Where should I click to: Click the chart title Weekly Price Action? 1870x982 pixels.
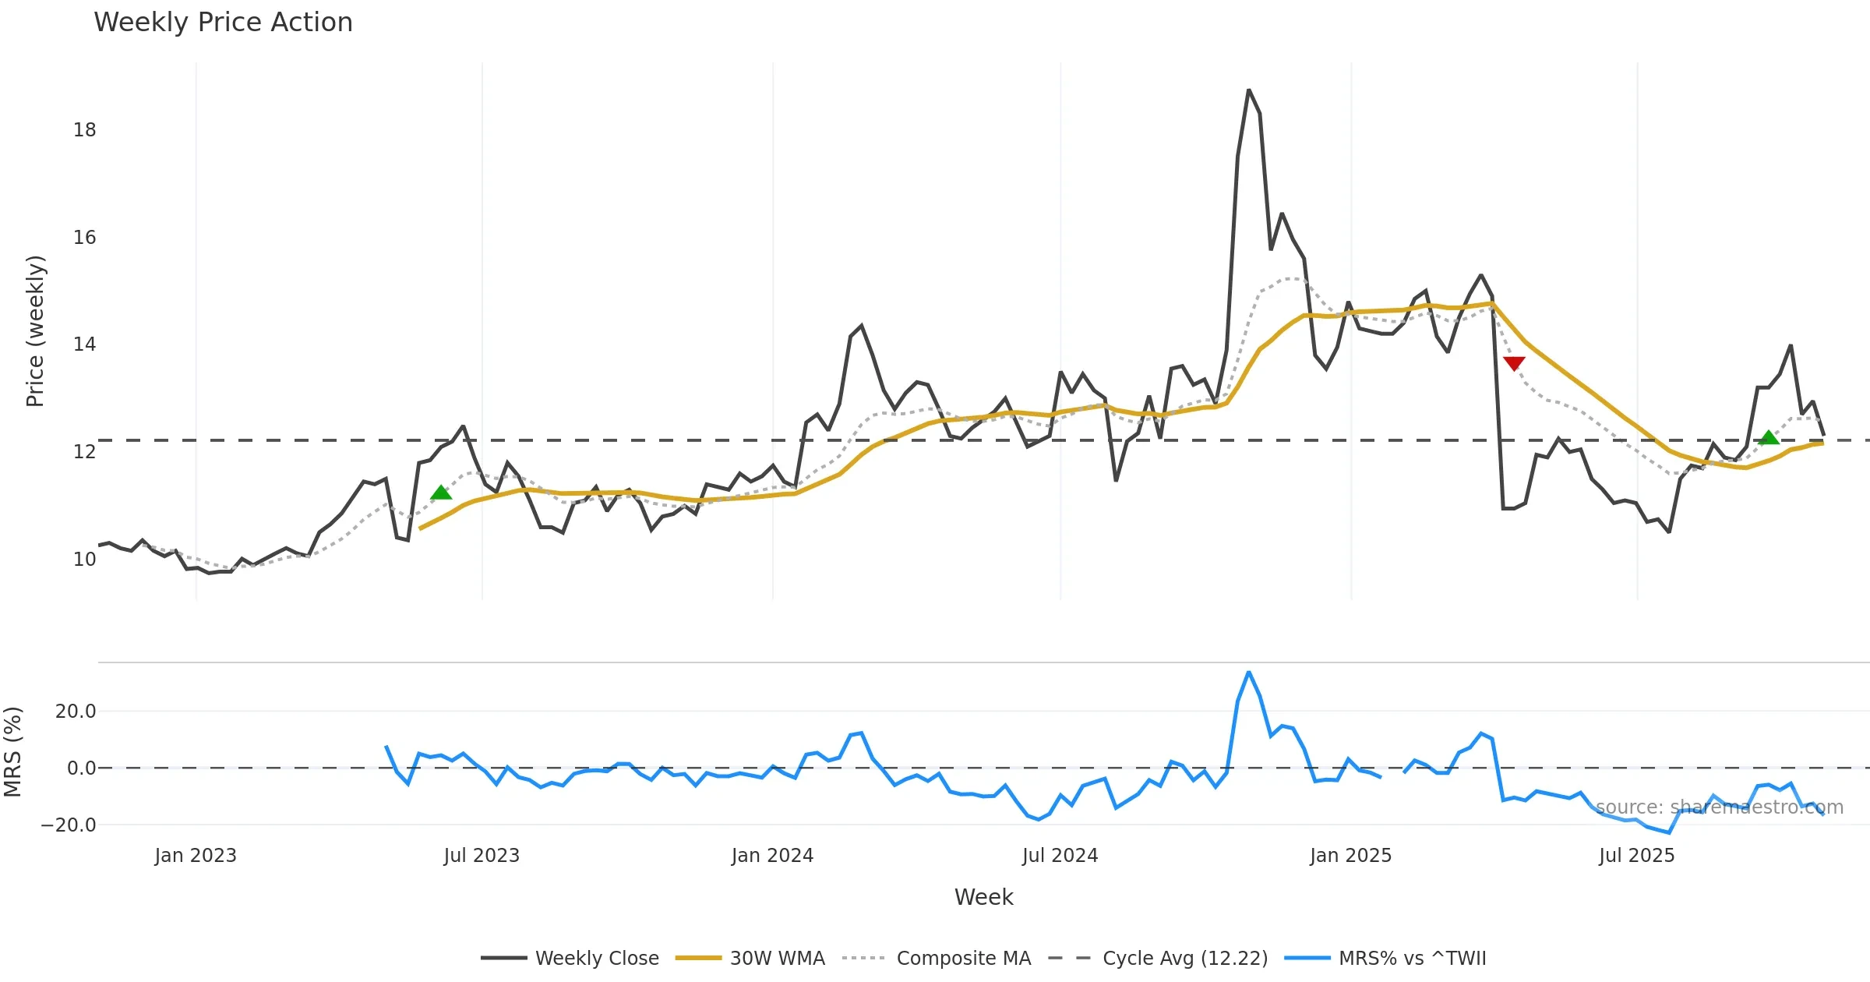click(x=223, y=23)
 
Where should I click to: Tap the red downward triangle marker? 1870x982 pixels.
click(x=1514, y=363)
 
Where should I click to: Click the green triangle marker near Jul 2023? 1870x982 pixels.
click(x=441, y=493)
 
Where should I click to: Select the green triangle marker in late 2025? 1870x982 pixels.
click(x=1769, y=437)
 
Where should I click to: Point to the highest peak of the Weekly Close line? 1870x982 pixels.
click(x=1248, y=90)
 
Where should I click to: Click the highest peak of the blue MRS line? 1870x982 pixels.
click(x=1248, y=672)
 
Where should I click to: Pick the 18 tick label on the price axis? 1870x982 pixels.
click(x=84, y=130)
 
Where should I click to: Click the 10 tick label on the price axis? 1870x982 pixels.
click(x=84, y=560)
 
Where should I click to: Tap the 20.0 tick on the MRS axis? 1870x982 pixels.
click(x=75, y=711)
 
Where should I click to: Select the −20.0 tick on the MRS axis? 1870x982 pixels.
click(x=69, y=825)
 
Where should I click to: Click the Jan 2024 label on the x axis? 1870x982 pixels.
click(x=772, y=856)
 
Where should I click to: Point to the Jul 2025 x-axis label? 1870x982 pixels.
click(x=1636, y=856)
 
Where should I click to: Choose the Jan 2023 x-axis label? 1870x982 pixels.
click(x=196, y=856)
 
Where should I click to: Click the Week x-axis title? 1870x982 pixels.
click(x=983, y=897)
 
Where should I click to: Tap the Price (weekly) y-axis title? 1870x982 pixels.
click(x=35, y=331)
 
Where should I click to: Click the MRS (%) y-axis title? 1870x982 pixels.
click(x=12, y=752)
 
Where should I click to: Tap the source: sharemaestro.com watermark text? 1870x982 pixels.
click(x=1719, y=807)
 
